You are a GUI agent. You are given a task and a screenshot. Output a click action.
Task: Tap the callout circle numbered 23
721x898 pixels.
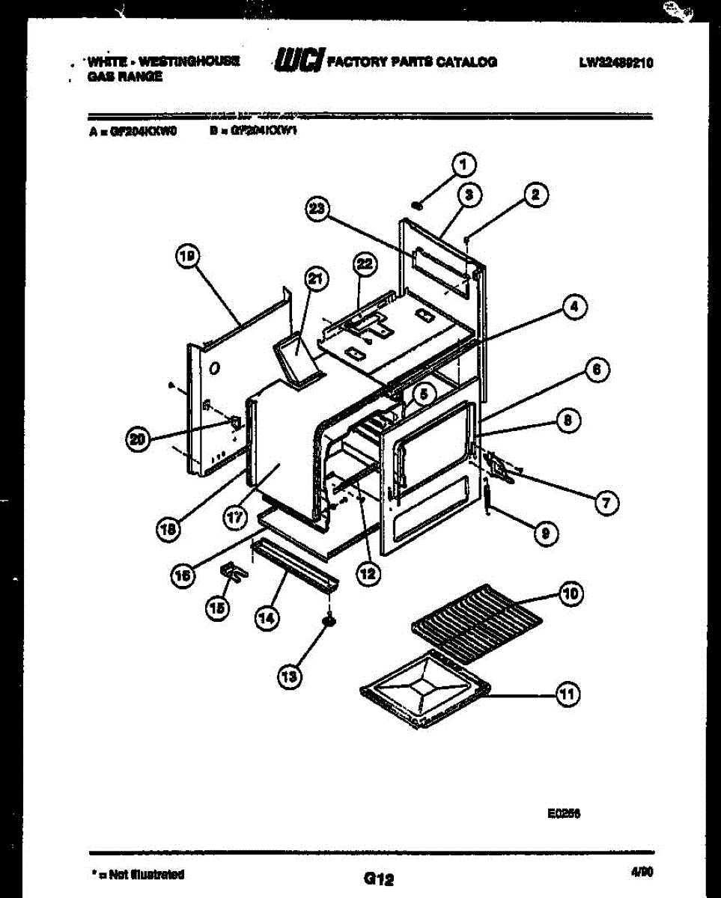coord(318,210)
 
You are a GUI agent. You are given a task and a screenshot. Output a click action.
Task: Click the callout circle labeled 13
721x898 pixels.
coord(289,676)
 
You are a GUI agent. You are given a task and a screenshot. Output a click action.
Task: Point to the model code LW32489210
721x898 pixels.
coord(615,64)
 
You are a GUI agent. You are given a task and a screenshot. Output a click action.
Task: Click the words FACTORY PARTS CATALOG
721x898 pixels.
coord(412,62)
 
